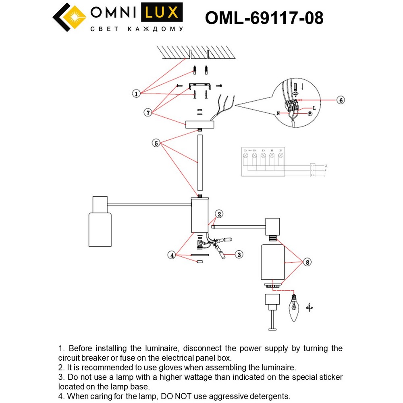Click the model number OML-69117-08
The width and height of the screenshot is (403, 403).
tap(264, 18)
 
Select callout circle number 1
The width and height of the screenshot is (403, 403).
tap(137, 94)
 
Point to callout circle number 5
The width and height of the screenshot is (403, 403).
tap(156, 143)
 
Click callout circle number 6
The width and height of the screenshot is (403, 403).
tap(341, 100)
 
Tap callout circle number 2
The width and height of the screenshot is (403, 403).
tap(219, 214)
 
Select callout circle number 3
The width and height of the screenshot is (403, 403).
tap(239, 254)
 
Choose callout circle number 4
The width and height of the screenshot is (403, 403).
tap(172, 255)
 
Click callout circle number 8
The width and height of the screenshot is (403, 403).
tap(307, 262)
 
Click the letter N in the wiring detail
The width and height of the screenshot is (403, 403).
tap(278, 114)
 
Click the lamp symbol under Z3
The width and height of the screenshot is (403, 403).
tap(263, 155)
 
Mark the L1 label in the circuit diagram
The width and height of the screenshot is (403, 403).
tap(325, 166)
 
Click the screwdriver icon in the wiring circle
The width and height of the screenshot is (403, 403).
tap(295, 88)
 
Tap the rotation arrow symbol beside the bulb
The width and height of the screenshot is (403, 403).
tap(310, 307)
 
